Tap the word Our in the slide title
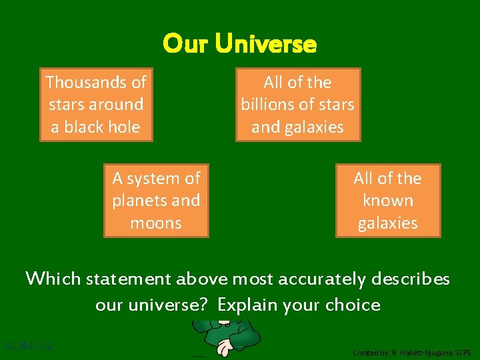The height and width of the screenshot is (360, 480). (185, 45)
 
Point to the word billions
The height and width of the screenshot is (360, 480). (269, 105)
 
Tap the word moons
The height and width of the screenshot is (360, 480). (156, 223)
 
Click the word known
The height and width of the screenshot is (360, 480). (387, 201)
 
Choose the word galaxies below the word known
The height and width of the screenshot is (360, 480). (387, 223)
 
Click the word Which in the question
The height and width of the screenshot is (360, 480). (53, 278)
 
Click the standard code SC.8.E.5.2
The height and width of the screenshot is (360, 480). (29, 346)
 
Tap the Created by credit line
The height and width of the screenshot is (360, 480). (411, 352)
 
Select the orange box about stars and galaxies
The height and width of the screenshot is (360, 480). (297, 105)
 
